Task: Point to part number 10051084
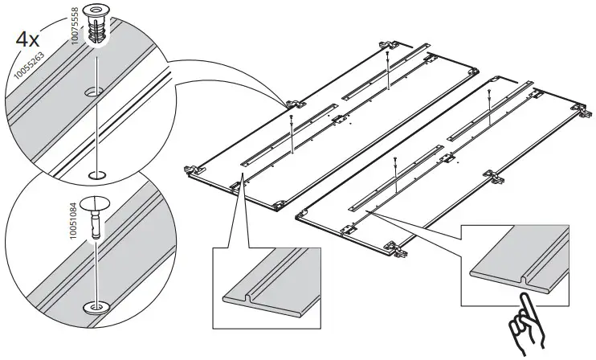coord(76,217)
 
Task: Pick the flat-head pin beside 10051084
coord(97,212)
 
